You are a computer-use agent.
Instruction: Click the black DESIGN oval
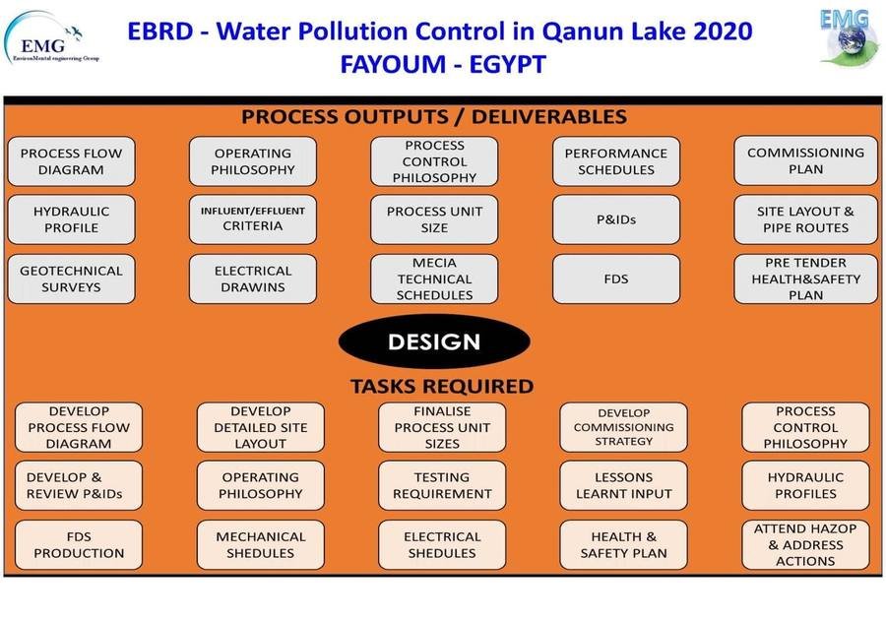pos(434,341)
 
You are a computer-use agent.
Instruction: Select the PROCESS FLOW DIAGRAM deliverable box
pos(71,161)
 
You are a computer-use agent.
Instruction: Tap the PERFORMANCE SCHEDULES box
pos(616,161)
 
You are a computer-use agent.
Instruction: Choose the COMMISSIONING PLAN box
pos(805,161)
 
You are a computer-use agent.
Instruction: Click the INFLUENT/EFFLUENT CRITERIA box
pos(253,219)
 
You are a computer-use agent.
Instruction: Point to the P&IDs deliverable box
pos(616,219)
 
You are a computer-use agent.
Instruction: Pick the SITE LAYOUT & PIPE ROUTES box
pos(805,219)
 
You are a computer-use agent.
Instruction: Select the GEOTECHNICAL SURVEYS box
pos(71,279)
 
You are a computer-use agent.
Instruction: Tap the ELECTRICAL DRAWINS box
pos(253,279)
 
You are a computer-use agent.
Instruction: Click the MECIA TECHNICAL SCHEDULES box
pos(434,279)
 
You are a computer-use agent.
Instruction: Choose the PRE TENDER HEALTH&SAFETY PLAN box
pos(805,279)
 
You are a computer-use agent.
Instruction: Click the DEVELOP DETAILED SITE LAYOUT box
pos(261,427)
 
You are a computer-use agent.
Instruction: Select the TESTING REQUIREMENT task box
pos(442,486)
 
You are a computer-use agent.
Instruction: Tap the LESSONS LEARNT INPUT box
pos(624,486)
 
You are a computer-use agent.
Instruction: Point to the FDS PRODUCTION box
pos(79,545)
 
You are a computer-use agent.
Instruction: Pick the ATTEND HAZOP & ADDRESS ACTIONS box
pos(805,545)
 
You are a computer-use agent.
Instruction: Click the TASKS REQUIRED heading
pos(442,387)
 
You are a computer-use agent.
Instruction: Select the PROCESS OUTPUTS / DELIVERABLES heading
pos(434,116)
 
